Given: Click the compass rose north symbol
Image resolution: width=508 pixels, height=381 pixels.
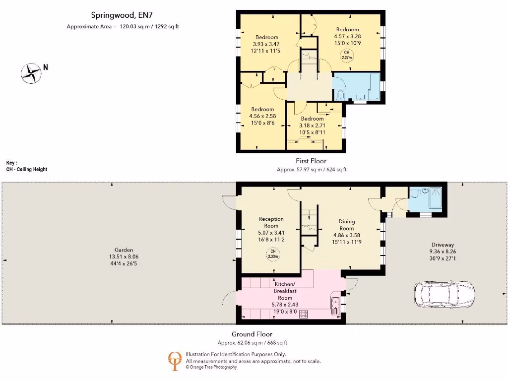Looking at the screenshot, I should click(x=31, y=73).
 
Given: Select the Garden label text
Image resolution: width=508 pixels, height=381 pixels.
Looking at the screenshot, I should click(x=124, y=250).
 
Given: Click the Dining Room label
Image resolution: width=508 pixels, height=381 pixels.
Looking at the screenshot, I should click(x=347, y=225).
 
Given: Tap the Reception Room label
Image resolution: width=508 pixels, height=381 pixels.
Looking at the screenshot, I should click(x=271, y=222).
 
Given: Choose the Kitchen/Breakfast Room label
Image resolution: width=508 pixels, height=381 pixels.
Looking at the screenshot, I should click(x=285, y=291).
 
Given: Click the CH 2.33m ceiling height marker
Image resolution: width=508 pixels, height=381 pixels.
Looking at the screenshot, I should click(x=272, y=254).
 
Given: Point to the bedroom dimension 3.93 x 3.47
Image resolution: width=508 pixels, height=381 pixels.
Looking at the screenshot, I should click(x=267, y=44).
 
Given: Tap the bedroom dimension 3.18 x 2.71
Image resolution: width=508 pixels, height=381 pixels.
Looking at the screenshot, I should click(x=313, y=126).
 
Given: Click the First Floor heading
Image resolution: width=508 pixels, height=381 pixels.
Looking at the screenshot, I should click(x=311, y=161).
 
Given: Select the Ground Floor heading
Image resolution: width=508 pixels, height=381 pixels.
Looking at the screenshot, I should click(x=252, y=334).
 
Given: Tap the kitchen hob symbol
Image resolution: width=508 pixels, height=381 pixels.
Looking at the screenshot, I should click(x=304, y=314).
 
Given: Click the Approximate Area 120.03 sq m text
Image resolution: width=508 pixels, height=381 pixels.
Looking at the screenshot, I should click(x=123, y=26).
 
